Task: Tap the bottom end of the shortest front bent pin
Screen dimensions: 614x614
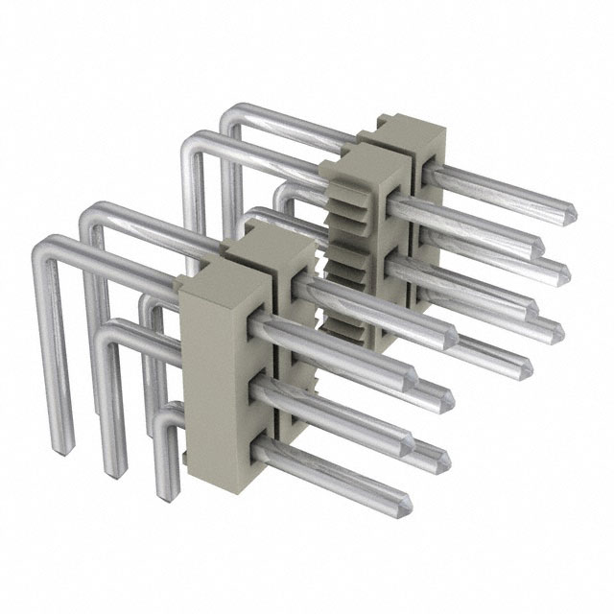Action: (x=164, y=495)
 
